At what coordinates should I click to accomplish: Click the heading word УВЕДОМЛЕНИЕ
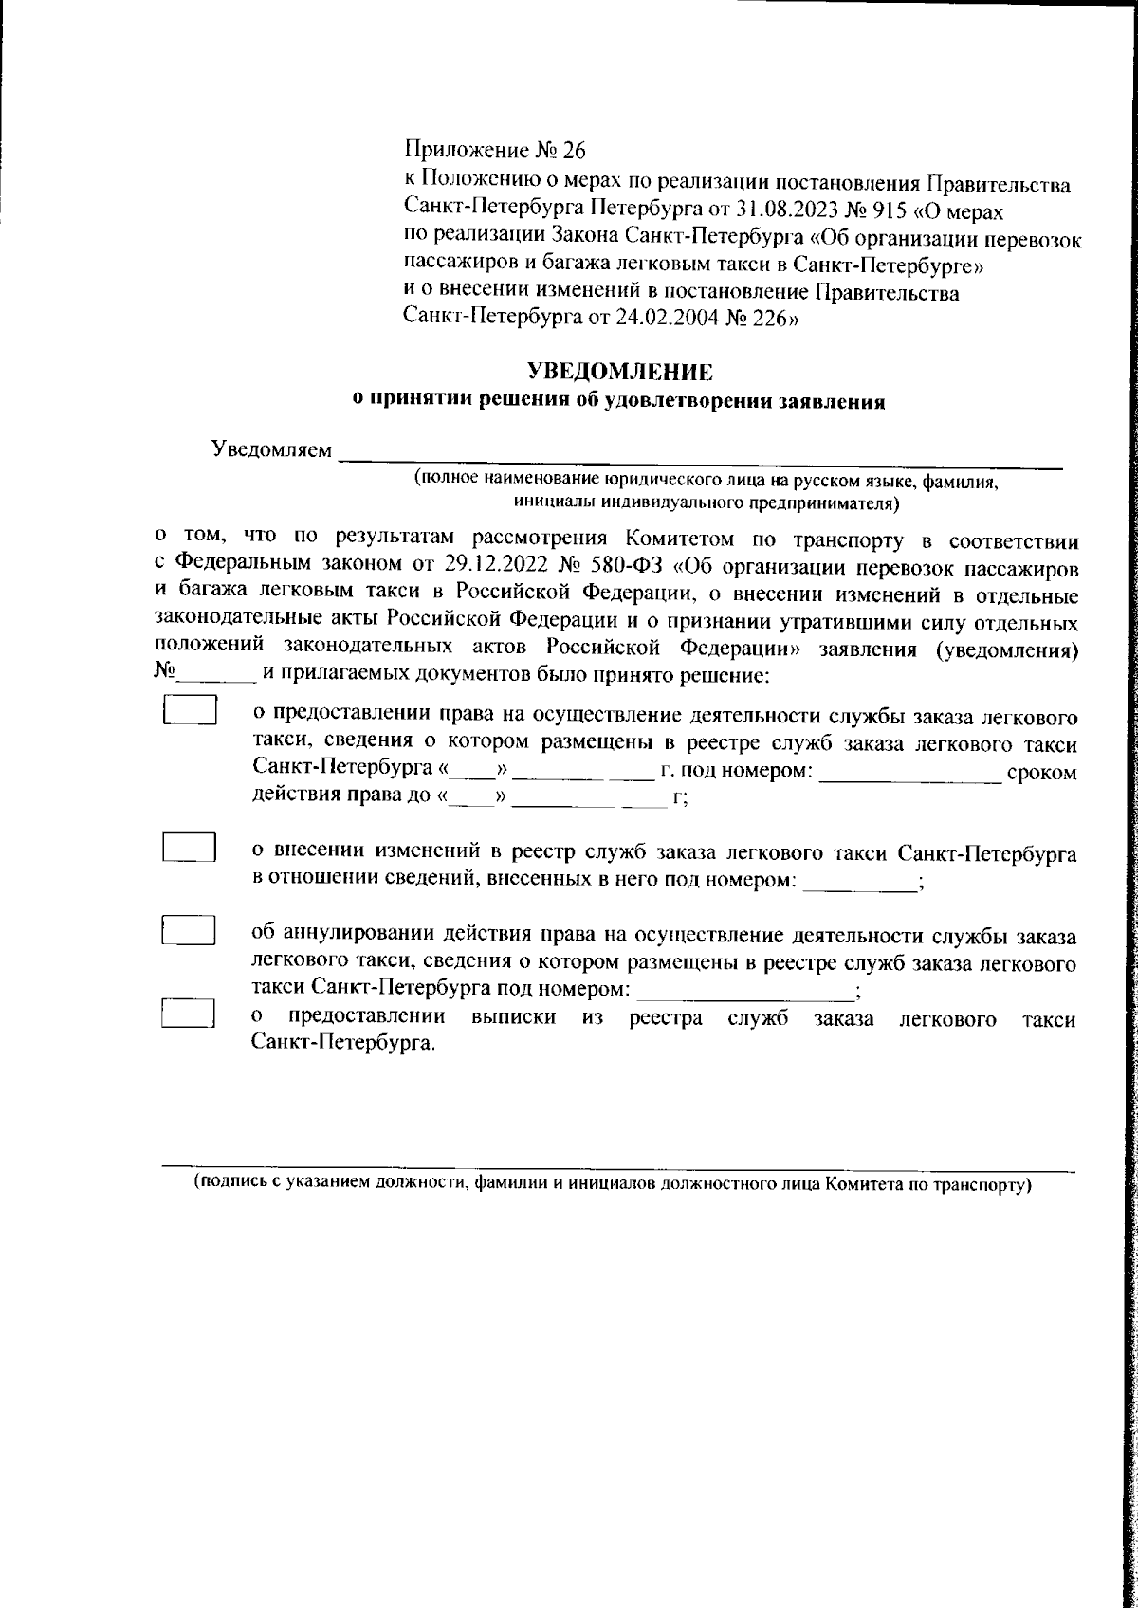pyautogui.click(x=618, y=371)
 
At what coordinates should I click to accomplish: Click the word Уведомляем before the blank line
pyautogui.click(x=271, y=449)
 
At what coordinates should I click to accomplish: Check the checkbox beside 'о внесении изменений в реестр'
pyautogui.click(x=189, y=847)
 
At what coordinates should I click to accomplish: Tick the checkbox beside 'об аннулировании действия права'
pyautogui.click(x=188, y=930)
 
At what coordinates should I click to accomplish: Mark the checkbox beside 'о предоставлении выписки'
pyautogui.click(x=188, y=1014)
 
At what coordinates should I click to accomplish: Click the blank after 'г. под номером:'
pyautogui.click(x=910, y=774)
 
